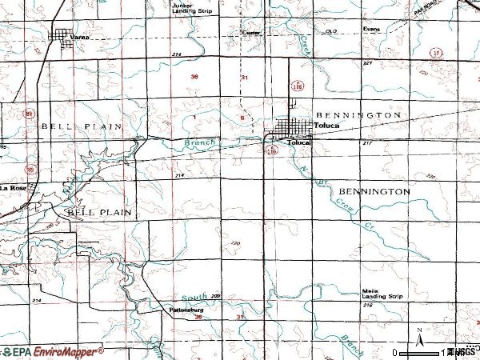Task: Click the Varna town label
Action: (78, 38)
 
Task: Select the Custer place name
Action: (251, 33)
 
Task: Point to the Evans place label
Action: (370, 30)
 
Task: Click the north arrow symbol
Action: (419, 335)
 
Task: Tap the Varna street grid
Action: (61, 34)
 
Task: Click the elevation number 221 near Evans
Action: (368, 62)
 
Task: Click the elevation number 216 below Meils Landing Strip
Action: (367, 305)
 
